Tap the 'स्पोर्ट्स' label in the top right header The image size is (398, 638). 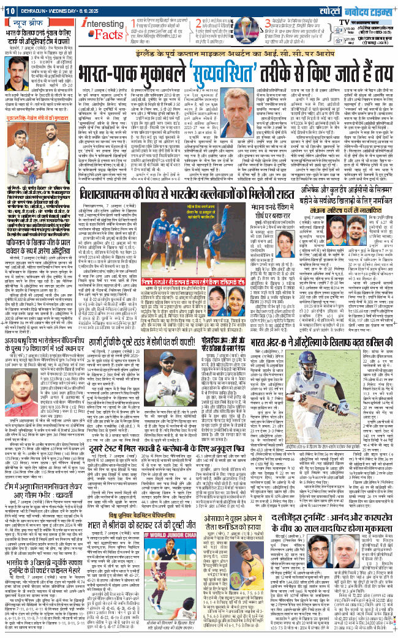[339, 9]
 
